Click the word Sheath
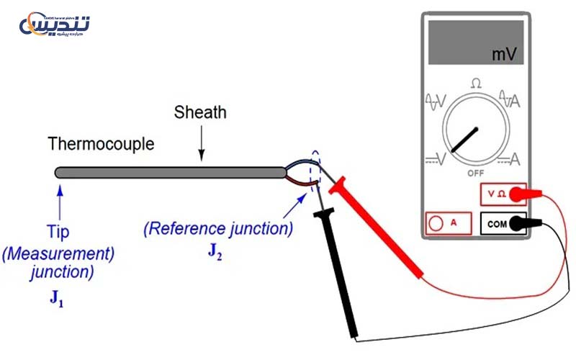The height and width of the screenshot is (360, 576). click(x=200, y=112)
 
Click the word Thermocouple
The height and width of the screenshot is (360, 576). click(x=101, y=144)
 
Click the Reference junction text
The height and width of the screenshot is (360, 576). click(x=218, y=230)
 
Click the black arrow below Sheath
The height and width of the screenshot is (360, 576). click(x=202, y=144)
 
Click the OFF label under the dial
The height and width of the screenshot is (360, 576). click(x=475, y=174)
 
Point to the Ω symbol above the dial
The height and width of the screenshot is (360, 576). click(x=476, y=84)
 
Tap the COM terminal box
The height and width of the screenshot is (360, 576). click(x=497, y=224)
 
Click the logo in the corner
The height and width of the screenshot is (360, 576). click(x=55, y=26)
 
